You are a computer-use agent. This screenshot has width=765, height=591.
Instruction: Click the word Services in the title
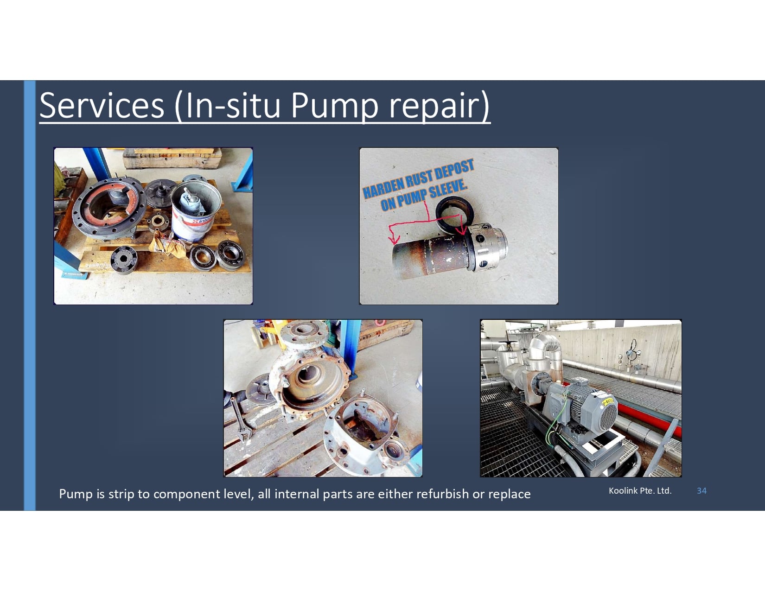[x=102, y=105]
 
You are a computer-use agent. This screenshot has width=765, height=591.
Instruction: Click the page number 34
[x=701, y=490]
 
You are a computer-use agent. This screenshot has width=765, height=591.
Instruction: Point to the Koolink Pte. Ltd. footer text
[x=640, y=490]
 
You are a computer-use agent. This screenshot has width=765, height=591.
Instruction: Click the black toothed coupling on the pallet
[x=124, y=260]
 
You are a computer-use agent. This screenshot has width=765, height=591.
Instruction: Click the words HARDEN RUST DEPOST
[x=418, y=178]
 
